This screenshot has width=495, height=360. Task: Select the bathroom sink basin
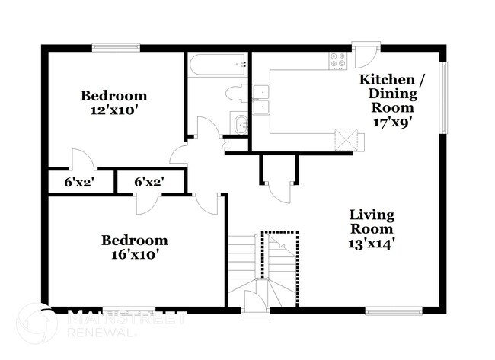(240, 124)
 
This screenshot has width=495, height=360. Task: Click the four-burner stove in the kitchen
(337, 59)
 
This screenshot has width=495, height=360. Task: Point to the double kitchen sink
(261, 100)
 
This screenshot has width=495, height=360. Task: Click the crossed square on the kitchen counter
(346, 139)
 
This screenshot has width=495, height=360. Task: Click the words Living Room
(372, 221)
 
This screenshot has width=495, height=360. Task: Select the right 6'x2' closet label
(148, 182)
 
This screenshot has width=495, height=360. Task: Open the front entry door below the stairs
(254, 303)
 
